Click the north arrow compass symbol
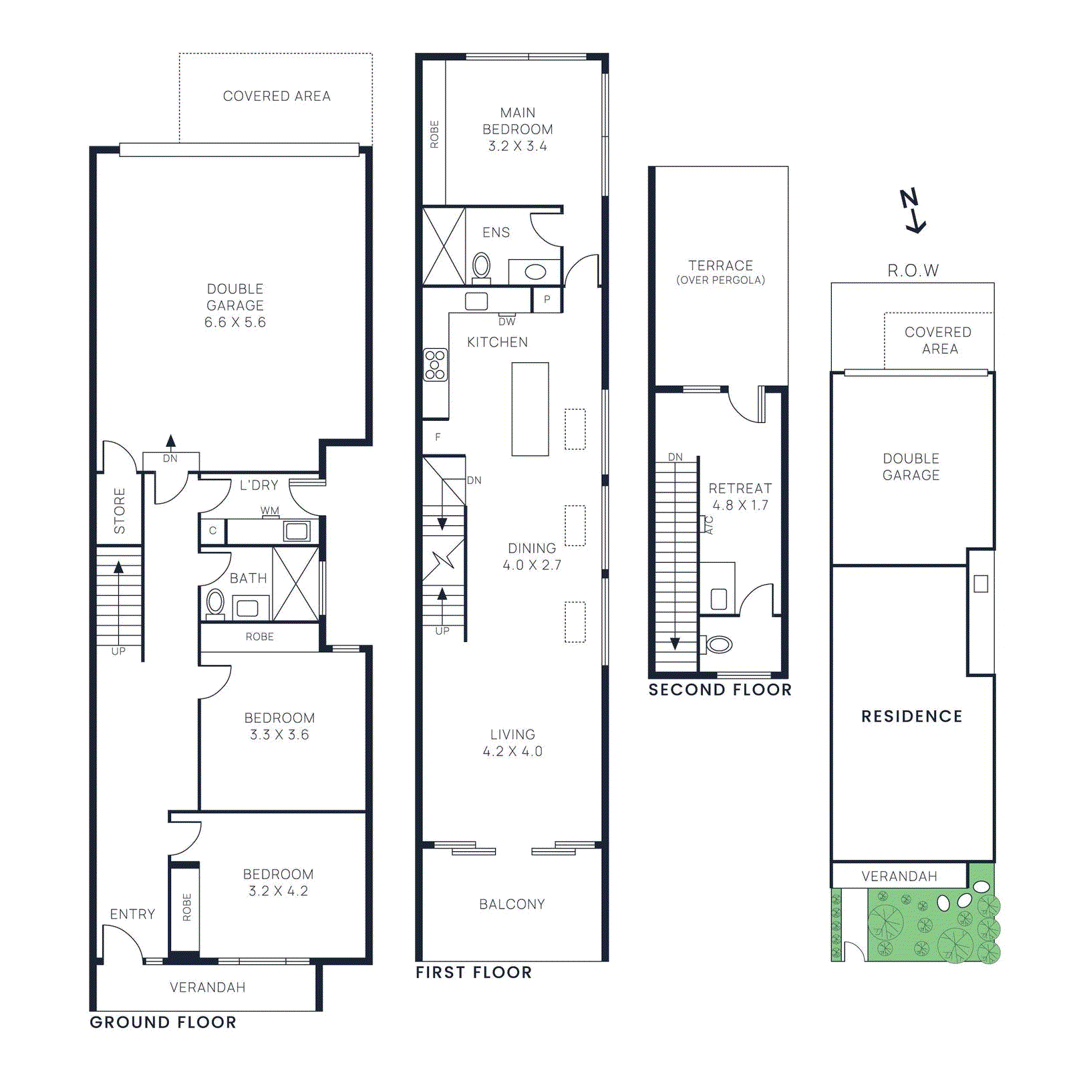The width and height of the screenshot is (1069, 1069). click(913, 210)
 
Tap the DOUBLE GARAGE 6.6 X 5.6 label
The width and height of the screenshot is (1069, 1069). click(235, 305)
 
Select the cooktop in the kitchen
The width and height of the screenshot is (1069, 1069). click(435, 365)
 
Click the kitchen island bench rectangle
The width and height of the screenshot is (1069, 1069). click(530, 409)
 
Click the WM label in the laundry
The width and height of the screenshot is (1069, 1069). click(270, 510)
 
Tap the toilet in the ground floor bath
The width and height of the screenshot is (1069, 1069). click(215, 602)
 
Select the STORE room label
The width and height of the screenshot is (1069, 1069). click(120, 510)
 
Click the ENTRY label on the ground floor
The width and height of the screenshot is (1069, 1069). click(132, 914)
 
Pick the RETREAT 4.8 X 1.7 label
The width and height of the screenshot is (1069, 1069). click(740, 496)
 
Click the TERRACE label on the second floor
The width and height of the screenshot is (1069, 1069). click(720, 265)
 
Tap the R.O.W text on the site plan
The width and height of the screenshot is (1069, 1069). click(913, 271)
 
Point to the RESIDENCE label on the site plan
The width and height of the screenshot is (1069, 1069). click(911, 716)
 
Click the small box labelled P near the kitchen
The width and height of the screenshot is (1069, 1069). click(547, 299)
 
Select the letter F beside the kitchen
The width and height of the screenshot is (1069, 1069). click(438, 437)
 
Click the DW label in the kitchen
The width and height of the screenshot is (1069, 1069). click(507, 321)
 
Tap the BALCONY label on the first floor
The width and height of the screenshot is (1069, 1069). click(512, 904)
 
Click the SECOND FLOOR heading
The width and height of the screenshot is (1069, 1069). click(720, 690)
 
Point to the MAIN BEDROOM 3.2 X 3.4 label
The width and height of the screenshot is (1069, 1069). click(517, 129)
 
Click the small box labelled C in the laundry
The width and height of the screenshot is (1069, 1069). click(212, 530)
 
